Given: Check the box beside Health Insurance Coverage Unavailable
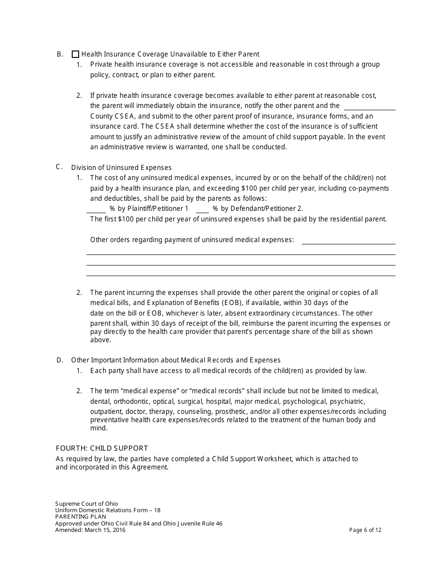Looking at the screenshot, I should [x=75, y=54].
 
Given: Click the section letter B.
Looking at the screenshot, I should [x=60, y=54].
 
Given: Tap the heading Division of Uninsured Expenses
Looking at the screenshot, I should [x=121, y=168].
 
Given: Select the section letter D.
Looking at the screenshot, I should [x=60, y=360].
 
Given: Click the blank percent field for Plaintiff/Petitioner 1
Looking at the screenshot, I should [x=96, y=209].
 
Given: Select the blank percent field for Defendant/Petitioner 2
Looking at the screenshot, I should [x=202, y=209].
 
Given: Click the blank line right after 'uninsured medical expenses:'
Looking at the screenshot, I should [x=348, y=240].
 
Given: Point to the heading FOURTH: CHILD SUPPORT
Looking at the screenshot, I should [x=102, y=448].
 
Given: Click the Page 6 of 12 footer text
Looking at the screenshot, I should [x=365, y=530].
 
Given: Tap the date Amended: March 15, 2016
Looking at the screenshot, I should [x=90, y=530].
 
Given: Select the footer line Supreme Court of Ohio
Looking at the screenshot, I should [x=86, y=504].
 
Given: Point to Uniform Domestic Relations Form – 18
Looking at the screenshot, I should [x=108, y=510].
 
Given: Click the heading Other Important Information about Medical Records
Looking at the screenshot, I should [x=176, y=360].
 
